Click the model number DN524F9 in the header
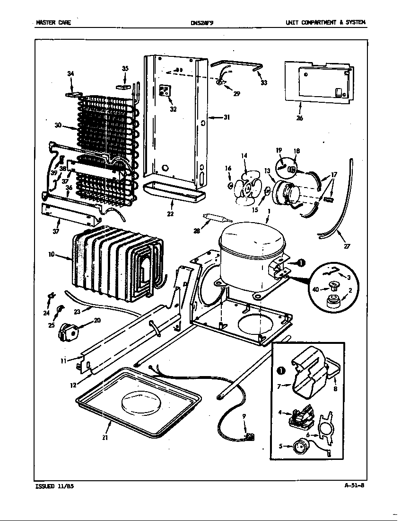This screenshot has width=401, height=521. pyautogui.click(x=202, y=22)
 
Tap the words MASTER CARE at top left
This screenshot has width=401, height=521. pyautogui.click(x=53, y=22)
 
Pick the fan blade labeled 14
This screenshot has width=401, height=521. pyautogui.click(x=247, y=188)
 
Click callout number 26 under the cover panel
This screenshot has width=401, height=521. pyautogui.click(x=299, y=118)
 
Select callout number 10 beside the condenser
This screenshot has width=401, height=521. pyautogui.click(x=51, y=254)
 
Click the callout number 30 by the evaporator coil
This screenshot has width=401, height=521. pyautogui.click(x=58, y=126)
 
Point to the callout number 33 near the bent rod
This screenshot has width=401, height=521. pyautogui.click(x=264, y=83)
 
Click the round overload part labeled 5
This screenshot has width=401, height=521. pyautogui.click(x=300, y=446)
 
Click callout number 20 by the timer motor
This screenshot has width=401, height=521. pyautogui.click(x=97, y=320)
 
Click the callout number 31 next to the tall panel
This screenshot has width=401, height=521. pyautogui.click(x=227, y=117)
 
